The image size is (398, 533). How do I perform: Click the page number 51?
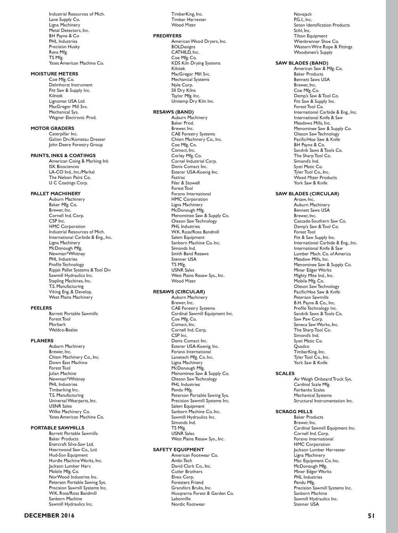(371, 516)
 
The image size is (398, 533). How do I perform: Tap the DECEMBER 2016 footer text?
(49, 516)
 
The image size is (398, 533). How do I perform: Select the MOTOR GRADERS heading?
(52, 128)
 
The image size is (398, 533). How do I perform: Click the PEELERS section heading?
(41, 308)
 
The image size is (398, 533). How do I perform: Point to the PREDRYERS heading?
(167, 36)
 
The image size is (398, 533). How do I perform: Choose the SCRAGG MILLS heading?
(294, 412)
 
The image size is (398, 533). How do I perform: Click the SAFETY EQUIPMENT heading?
(178, 450)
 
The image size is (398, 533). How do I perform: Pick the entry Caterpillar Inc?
(63, 134)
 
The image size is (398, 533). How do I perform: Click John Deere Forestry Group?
(76, 145)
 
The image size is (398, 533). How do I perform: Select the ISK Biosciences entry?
(64, 167)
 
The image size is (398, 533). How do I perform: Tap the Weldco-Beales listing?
(63, 330)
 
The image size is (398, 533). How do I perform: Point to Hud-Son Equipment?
(68, 455)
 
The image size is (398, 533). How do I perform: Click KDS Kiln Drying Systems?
(196, 63)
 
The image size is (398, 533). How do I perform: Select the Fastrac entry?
(178, 177)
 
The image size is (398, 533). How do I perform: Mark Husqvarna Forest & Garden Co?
(202, 493)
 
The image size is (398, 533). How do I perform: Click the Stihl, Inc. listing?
(302, 30)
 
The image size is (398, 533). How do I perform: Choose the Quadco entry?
(302, 346)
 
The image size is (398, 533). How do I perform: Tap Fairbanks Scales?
(309, 390)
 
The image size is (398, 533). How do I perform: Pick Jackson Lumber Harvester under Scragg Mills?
(319, 450)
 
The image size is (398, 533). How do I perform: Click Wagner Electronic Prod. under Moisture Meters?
(73, 117)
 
